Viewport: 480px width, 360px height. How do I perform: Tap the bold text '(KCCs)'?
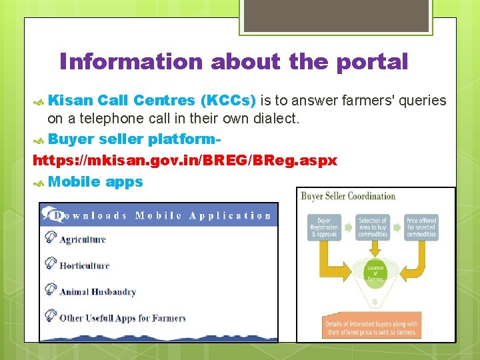click(227, 101)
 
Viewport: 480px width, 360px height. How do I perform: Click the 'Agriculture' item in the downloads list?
click(83, 239)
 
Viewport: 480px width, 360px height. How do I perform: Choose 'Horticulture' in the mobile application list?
click(85, 265)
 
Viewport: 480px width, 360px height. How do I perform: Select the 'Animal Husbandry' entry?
click(97, 291)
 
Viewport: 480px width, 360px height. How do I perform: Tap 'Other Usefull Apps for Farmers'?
click(123, 318)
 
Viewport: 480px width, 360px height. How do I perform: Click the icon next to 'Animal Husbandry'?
click(50, 290)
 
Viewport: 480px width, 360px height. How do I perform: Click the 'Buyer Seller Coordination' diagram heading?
click(348, 196)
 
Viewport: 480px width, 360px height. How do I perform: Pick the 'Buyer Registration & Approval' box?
click(324, 227)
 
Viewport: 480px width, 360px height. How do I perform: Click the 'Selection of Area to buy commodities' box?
click(373, 227)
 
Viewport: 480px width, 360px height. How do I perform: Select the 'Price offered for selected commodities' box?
click(421, 227)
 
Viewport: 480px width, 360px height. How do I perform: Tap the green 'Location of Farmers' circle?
click(375, 273)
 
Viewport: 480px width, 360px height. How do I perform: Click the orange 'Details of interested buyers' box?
click(371, 327)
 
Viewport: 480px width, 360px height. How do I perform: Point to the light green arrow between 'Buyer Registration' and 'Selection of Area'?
click(349, 227)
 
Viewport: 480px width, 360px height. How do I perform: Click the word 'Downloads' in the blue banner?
click(90, 215)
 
